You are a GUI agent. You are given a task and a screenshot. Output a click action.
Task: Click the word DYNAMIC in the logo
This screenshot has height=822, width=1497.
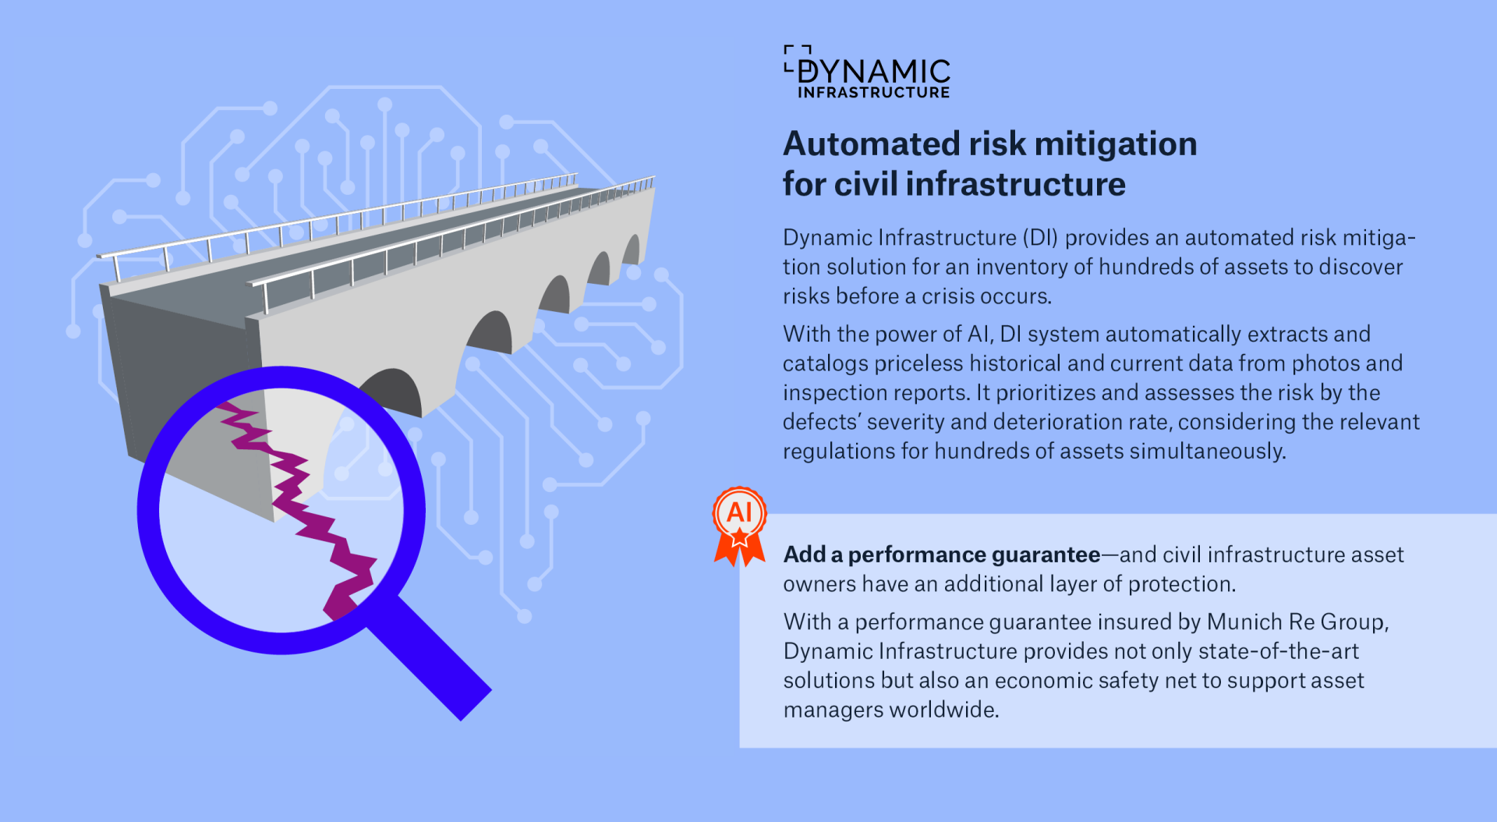(873, 72)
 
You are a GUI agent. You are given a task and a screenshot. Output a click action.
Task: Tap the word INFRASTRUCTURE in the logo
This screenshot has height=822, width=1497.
(873, 93)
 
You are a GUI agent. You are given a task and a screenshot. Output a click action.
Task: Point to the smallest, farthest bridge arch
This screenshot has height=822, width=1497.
(631, 251)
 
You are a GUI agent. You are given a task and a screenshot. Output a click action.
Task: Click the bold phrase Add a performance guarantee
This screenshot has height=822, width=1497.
(941, 554)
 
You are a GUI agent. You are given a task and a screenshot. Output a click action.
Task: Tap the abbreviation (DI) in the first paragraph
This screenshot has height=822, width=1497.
(1040, 237)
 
